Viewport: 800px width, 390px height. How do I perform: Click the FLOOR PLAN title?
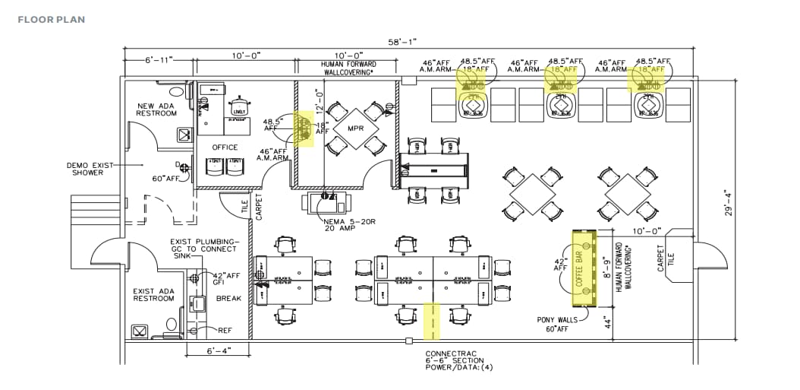(52, 19)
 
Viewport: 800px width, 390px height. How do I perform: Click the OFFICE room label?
(225, 147)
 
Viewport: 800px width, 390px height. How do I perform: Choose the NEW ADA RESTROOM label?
(156, 109)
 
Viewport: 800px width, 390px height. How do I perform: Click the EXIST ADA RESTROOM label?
(153, 295)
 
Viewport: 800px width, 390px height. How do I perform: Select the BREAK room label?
(228, 299)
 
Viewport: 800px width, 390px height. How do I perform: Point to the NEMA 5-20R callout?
(342, 224)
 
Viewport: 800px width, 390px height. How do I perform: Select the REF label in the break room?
(225, 331)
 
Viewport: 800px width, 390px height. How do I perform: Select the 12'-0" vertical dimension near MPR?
(320, 99)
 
